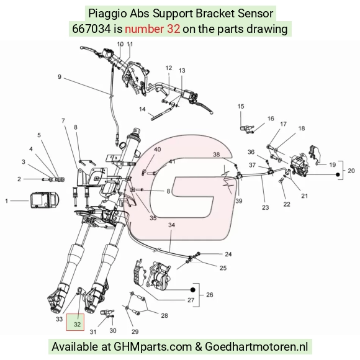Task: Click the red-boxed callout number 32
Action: [77, 324]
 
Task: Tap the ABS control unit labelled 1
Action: [45, 200]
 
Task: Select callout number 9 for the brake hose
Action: [60, 77]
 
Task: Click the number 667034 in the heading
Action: [91, 29]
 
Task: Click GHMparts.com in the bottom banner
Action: [153, 346]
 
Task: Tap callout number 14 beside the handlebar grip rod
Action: [142, 109]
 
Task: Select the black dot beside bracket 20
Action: [338, 174]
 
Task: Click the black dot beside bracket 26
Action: [193, 290]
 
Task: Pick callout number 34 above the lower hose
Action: [171, 225]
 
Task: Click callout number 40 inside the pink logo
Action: [157, 150]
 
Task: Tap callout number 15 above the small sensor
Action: [241, 106]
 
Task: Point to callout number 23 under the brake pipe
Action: [266, 207]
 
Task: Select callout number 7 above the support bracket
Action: [63, 120]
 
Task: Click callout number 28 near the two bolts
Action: [164, 316]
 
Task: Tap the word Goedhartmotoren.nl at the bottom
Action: [256, 346]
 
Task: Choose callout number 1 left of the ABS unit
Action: [6, 201]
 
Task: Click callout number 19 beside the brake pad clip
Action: [333, 164]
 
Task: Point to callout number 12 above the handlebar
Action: [169, 68]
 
